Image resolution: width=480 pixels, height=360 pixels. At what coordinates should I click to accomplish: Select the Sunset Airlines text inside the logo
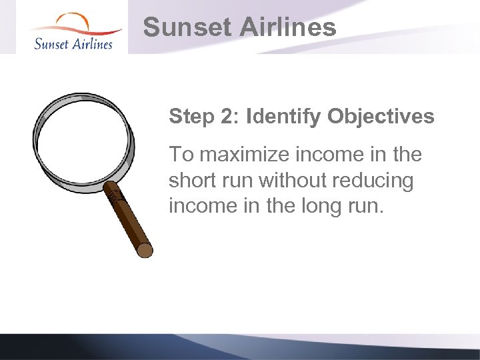(x=73, y=43)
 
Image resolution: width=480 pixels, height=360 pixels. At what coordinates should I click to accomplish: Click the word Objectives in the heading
(x=381, y=117)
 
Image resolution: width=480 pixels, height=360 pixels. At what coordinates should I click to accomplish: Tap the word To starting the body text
(x=181, y=155)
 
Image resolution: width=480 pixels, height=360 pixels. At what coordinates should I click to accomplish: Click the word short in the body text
(x=191, y=181)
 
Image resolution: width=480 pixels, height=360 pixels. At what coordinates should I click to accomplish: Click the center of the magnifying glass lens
(x=83, y=142)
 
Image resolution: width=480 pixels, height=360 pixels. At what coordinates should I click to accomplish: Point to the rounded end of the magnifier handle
(x=145, y=251)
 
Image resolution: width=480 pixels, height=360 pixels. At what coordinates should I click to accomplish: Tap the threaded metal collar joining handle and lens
(x=116, y=196)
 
